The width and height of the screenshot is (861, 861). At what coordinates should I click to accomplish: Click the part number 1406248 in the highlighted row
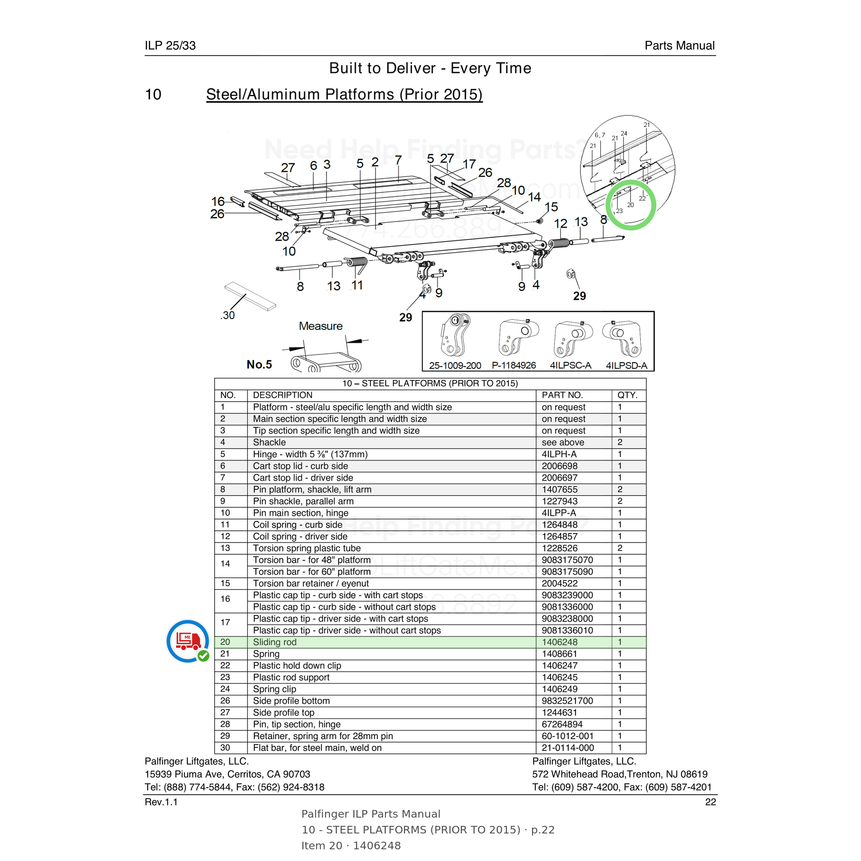click(x=559, y=642)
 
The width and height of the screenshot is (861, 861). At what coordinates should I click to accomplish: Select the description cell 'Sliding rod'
click(x=274, y=642)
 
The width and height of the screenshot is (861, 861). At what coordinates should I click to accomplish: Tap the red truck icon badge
click(x=188, y=641)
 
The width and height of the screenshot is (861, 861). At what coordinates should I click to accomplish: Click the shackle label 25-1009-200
click(x=455, y=365)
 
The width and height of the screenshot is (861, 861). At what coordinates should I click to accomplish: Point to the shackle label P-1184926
click(x=514, y=365)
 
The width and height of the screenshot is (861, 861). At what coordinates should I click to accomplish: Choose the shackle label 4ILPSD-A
click(x=626, y=365)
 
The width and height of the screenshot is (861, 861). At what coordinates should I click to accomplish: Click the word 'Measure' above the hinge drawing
click(x=320, y=326)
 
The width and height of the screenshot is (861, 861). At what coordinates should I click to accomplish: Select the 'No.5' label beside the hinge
click(x=259, y=364)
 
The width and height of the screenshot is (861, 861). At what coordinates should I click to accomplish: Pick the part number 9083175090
click(x=567, y=572)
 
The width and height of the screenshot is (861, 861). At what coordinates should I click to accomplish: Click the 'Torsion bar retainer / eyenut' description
click(x=311, y=583)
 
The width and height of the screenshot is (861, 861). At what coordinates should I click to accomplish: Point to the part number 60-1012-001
click(x=567, y=736)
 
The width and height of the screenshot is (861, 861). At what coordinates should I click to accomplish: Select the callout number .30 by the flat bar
click(x=228, y=315)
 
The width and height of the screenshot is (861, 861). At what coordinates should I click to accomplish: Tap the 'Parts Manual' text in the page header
click(x=680, y=45)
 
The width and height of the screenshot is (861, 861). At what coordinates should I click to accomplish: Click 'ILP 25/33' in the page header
click(x=170, y=45)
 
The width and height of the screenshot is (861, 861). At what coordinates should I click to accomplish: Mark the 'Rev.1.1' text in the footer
click(x=161, y=802)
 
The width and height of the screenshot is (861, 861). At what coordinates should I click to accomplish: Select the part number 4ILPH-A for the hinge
click(x=559, y=454)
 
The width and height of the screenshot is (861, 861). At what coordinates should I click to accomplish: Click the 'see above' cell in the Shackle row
click(x=563, y=443)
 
